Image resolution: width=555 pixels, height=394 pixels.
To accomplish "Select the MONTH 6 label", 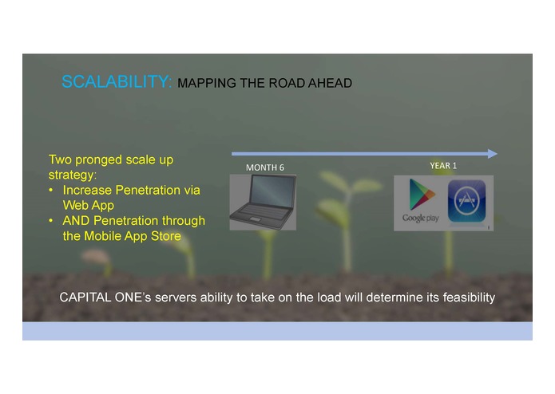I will (264, 167).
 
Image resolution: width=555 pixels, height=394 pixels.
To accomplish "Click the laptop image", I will (263, 202).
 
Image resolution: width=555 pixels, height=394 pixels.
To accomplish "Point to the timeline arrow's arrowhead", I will (492, 153).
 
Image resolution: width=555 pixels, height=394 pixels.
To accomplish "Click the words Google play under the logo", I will (420, 219).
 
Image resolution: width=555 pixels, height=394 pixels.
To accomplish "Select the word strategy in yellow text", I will (72, 175).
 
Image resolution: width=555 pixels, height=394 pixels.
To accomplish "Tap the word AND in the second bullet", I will (77, 220).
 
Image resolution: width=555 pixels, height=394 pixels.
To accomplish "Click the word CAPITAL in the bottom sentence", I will (88, 297).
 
